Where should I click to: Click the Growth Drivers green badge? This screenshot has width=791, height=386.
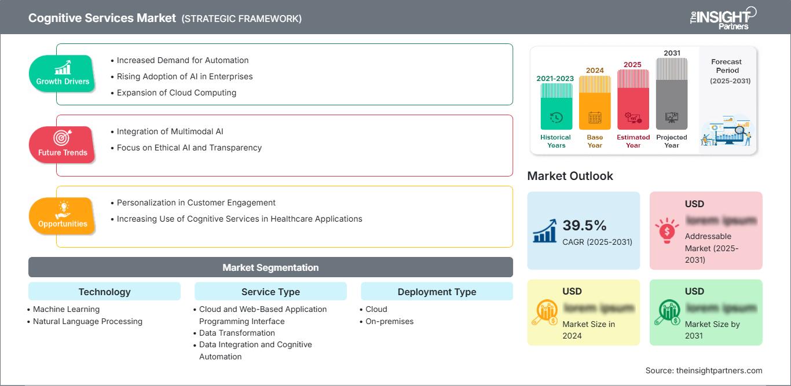click(x=63, y=73)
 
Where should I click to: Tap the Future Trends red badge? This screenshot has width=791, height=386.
click(x=63, y=145)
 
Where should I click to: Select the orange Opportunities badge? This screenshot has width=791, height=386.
click(x=63, y=216)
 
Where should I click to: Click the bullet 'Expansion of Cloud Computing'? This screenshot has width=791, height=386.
click(x=176, y=93)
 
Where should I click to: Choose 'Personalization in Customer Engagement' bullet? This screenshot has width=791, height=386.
click(x=196, y=203)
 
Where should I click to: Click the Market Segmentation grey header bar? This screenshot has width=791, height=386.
click(x=270, y=267)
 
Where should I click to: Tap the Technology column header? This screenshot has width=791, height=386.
click(x=104, y=292)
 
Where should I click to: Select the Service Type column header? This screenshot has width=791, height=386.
click(x=270, y=292)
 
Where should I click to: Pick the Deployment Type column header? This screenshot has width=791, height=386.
click(x=437, y=292)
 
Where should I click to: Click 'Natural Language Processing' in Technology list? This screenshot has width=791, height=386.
click(x=87, y=321)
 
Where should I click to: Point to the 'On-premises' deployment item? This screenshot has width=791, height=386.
click(x=389, y=321)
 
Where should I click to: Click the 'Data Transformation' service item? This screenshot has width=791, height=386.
click(x=237, y=333)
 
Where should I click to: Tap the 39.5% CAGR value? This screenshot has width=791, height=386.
click(x=584, y=225)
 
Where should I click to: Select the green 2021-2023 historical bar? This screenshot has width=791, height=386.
click(x=556, y=106)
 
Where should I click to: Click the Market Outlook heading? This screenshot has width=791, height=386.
click(x=570, y=176)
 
